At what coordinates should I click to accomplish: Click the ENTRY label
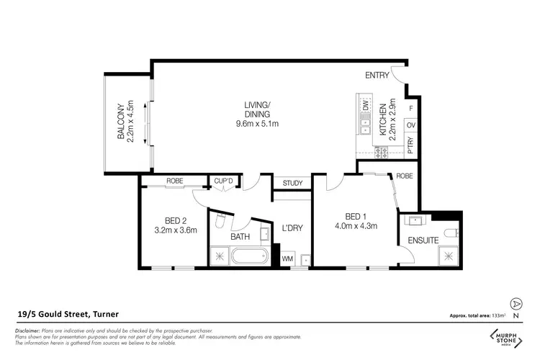tap(377, 76)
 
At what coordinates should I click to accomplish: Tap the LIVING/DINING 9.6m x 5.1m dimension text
tap(257, 124)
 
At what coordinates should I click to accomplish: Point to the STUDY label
tap(292, 183)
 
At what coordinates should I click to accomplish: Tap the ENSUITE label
tap(423, 240)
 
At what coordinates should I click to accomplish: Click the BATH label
tap(240, 236)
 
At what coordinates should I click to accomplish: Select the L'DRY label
tap(292, 228)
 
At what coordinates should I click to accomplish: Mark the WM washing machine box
tap(287, 258)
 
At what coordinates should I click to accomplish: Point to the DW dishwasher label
tap(366, 107)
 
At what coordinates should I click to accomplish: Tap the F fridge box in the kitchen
tap(410, 108)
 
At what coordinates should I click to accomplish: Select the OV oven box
tap(410, 125)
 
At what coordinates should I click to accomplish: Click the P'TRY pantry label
tap(410, 143)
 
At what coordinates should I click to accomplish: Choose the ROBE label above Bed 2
tap(174, 181)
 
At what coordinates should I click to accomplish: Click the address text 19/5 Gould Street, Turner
tap(68, 314)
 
